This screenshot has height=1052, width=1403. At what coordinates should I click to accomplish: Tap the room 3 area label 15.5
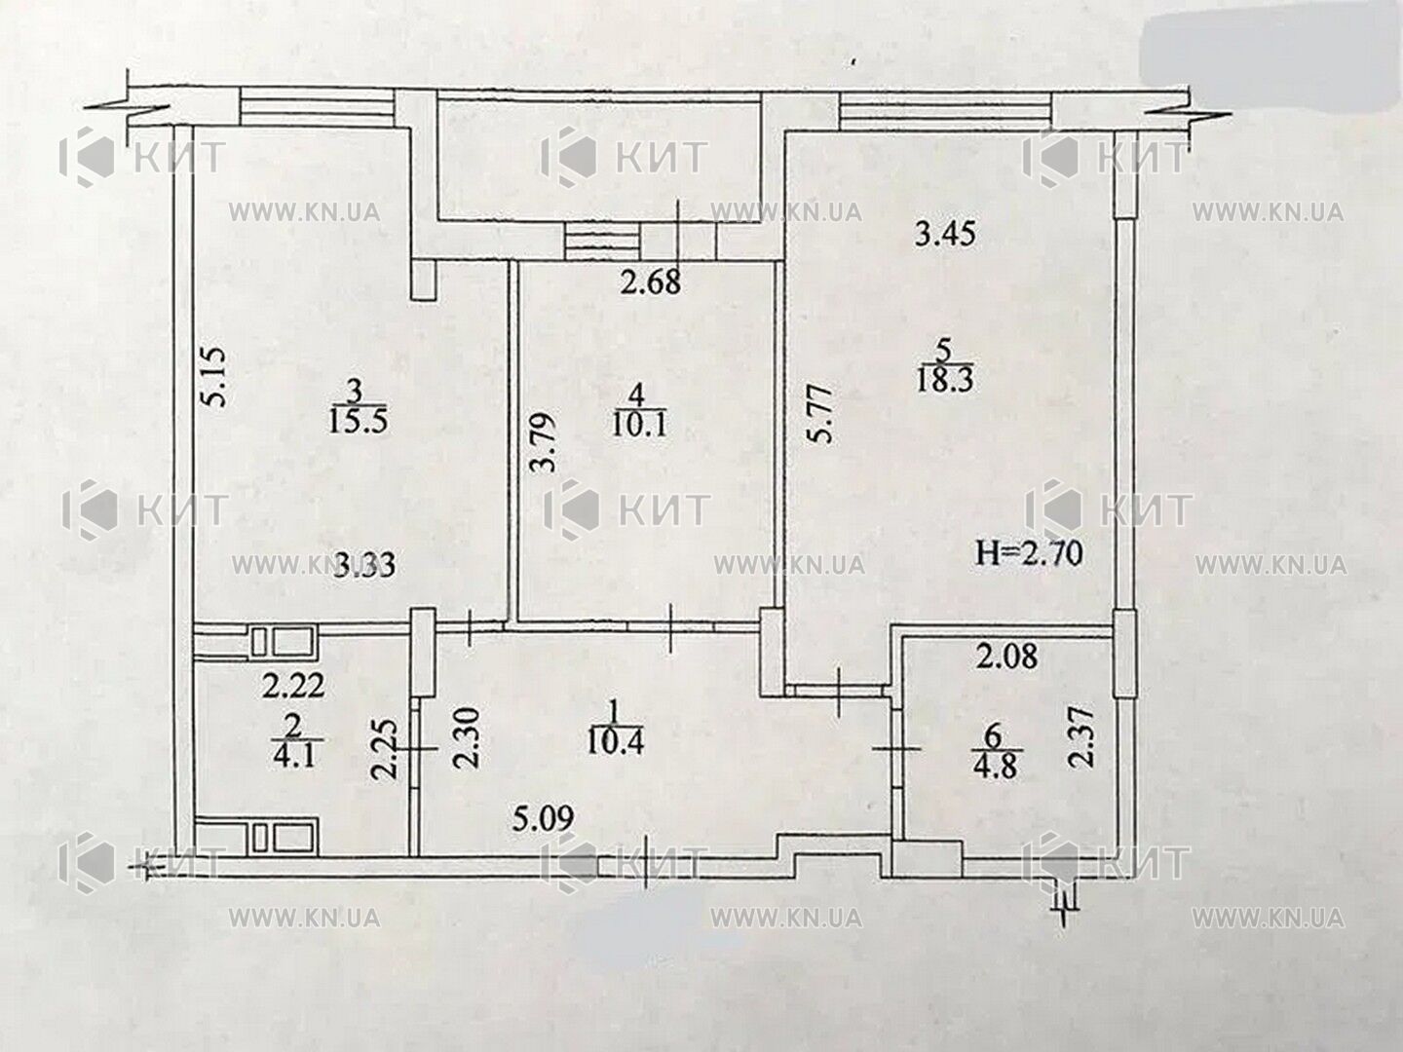coord(359,422)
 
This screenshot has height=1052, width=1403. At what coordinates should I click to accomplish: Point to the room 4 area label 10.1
coord(638,424)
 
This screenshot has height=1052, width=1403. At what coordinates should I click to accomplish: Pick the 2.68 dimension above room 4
coord(652,282)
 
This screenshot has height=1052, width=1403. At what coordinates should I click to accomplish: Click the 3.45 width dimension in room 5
coord(945,235)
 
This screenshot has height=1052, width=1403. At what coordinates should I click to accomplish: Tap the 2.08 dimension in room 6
coord(1010,657)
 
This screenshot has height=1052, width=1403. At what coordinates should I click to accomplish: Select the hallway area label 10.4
coord(614,741)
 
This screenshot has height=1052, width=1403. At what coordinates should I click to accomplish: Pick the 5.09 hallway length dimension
coord(544,818)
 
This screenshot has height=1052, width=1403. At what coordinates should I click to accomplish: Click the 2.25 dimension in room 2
coord(386,750)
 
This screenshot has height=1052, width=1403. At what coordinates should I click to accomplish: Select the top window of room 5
coord(945,111)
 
